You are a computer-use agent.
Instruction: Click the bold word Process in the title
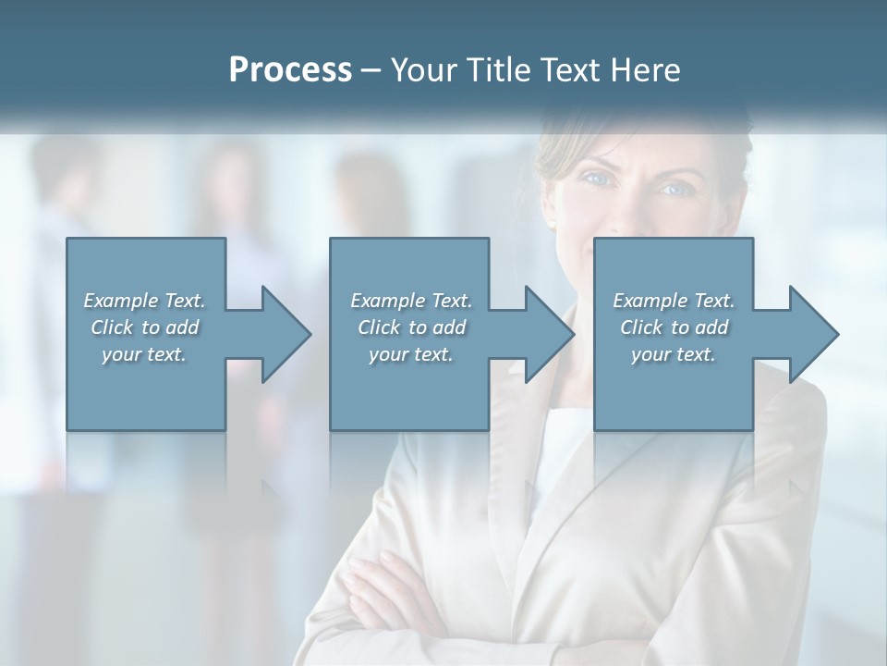290,70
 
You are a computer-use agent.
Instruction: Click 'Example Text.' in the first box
144,301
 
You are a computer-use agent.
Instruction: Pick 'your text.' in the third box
673,354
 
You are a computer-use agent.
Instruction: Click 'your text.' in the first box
144,354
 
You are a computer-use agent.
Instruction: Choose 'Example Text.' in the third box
673,301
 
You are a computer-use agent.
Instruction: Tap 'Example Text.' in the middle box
411,301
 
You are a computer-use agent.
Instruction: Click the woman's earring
551,222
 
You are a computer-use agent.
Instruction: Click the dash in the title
371,70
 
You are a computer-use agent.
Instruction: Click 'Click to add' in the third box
674,327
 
